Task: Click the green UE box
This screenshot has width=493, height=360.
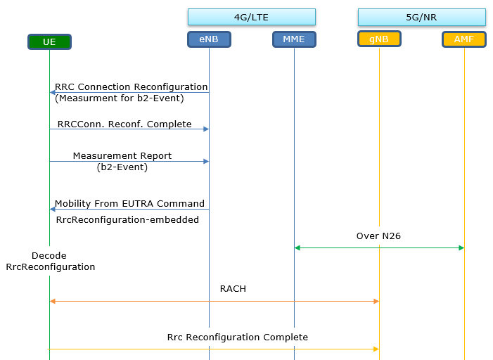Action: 49,41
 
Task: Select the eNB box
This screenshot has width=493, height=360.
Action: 209,39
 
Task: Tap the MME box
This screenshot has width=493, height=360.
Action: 294,39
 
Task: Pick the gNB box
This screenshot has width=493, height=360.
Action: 379,39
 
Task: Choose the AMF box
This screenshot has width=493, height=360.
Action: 464,39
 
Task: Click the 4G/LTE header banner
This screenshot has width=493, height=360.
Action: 252,17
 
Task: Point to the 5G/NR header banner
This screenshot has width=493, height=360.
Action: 422,17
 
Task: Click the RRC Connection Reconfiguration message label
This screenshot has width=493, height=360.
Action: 131,86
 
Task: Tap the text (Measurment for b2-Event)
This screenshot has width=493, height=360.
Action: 120,98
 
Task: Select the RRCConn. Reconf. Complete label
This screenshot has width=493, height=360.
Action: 124,124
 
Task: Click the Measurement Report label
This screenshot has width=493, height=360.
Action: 122,155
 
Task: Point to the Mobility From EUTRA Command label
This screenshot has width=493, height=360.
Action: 129,203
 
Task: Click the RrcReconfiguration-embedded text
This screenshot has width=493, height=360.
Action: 127,219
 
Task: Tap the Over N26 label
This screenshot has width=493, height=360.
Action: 378,236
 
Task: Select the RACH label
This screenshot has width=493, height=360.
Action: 233,288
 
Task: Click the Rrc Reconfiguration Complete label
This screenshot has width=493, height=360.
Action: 238,337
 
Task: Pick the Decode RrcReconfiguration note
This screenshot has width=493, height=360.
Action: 51,261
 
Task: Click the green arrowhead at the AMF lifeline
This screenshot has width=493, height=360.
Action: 461,247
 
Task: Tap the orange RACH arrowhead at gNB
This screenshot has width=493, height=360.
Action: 376,301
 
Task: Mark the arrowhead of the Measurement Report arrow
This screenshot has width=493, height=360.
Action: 206,161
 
